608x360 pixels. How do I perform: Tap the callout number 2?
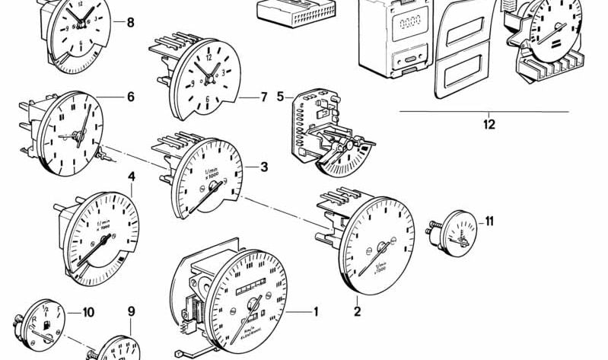pos(357,310)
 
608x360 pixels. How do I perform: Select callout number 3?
pos(264,167)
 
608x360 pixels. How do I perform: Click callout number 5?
pos(280,97)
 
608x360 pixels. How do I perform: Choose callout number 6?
pos(130,97)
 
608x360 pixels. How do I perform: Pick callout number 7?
pos(264,97)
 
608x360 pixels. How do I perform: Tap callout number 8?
pos(130,23)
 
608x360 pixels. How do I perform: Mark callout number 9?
pos(131,311)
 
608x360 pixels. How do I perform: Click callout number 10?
pos(88,311)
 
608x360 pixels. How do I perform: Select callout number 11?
pos(489,221)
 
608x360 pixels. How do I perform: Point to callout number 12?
pos(489,123)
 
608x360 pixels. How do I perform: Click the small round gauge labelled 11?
pos(457,235)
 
